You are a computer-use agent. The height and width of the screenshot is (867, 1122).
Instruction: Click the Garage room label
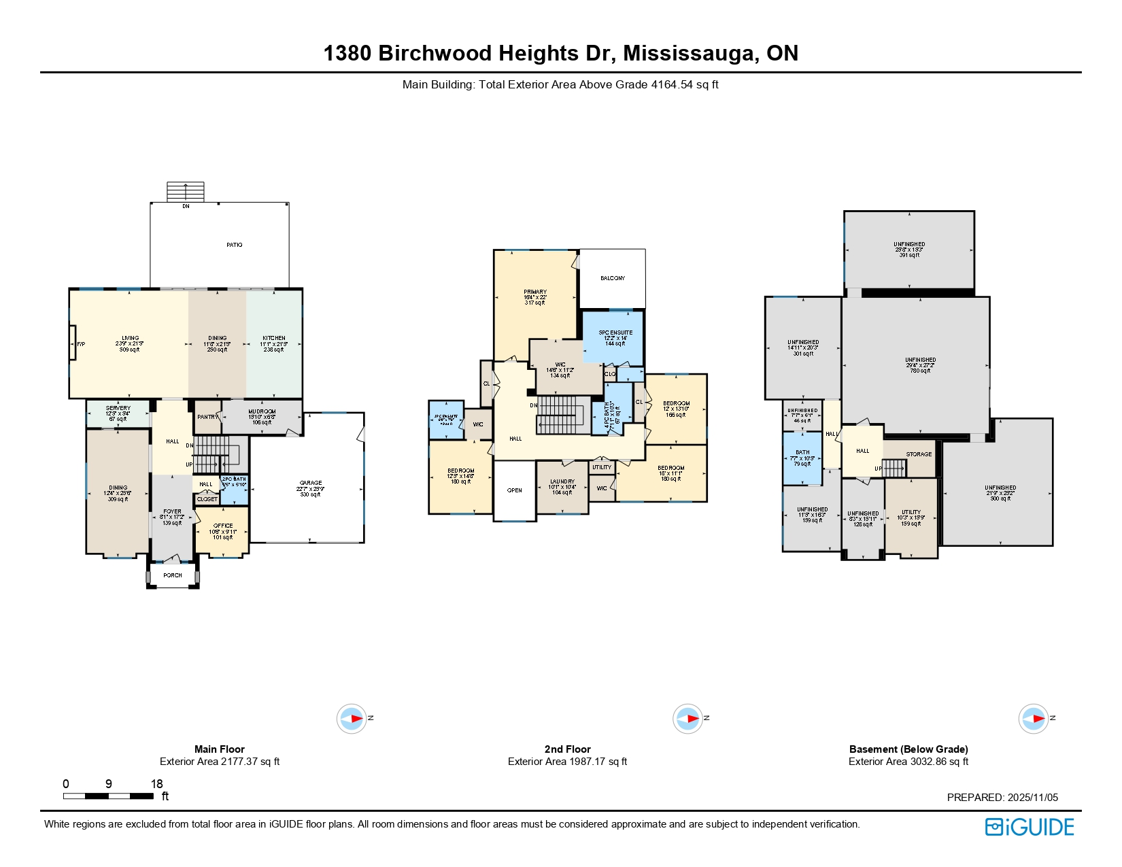click(311, 483)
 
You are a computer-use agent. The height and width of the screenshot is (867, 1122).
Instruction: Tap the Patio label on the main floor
click(235, 245)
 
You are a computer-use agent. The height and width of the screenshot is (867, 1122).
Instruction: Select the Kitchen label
click(274, 339)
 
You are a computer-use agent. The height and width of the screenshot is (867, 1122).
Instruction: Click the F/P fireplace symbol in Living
click(73, 344)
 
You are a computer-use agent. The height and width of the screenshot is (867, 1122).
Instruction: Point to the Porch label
click(173, 575)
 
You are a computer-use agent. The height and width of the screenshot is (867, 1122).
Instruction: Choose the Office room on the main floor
click(223, 531)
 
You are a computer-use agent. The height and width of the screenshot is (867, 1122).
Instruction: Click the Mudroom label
click(262, 412)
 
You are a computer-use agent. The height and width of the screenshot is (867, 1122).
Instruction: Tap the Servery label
click(118, 409)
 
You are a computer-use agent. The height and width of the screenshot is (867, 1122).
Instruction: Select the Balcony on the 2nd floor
click(613, 278)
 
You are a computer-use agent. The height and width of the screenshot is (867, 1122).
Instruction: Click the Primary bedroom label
click(535, 292)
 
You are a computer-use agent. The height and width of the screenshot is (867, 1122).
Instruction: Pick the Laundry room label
click(562, 482)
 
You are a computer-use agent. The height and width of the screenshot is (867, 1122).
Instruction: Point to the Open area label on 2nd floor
click(515, 490)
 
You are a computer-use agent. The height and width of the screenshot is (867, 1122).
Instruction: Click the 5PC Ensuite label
click(615, 333)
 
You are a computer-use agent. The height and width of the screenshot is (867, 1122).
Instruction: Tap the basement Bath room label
click(802, 453)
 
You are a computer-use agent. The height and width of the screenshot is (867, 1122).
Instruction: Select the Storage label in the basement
click(919, 454)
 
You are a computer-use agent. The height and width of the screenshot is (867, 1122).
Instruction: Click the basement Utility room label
click(911, 513)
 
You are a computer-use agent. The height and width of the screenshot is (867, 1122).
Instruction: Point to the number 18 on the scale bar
click(157, 784)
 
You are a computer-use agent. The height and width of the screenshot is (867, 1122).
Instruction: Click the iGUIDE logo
click(1030, 827)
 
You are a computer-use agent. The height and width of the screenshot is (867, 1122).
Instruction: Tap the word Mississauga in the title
click(691, 53)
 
